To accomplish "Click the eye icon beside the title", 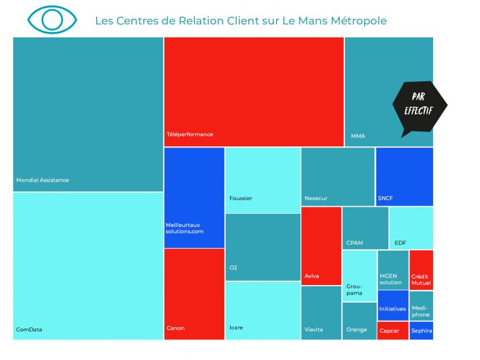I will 52,19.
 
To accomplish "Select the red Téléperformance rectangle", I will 254,91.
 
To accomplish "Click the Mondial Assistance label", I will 42,180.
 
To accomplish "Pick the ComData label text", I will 29,329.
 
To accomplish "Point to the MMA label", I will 358,136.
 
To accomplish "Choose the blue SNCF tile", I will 404,176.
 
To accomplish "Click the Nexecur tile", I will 337,176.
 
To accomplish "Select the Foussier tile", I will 262,180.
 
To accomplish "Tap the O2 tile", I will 262,247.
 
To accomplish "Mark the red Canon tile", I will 194,294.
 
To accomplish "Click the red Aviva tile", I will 321,245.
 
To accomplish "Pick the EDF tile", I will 411,227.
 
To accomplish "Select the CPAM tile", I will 365,227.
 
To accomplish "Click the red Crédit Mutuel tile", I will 421,269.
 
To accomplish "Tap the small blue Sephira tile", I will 421,331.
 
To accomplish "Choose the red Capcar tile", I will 392,331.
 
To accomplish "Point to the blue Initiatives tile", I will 392,305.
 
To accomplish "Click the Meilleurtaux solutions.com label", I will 183,228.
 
